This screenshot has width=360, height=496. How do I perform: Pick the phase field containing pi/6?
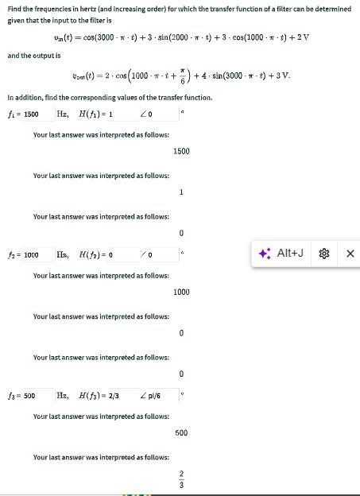pos(156,395)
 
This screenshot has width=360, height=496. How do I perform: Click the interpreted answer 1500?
pos(181,151)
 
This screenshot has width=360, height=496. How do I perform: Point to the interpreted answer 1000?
pos(181,292)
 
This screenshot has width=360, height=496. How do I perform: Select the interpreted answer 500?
pos(181,432)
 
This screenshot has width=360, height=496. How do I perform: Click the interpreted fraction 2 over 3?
pos(181,481)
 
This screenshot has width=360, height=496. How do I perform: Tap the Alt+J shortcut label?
pos(291,254)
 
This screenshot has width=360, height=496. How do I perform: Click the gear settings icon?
pos(323,255)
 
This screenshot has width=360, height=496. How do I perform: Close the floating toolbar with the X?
pos(350,255)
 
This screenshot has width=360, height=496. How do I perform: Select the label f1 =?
pos(13,114)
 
